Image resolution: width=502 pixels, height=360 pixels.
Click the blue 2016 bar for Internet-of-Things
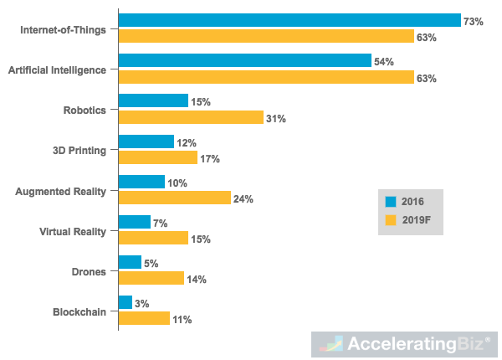(289, 20)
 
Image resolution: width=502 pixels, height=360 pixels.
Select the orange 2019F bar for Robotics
(191, 118)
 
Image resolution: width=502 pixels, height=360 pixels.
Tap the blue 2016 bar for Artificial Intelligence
(244, 60)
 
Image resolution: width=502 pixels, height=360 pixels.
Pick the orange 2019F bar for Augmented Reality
(174, 198)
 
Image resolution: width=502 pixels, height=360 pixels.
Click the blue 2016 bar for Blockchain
(125, 302)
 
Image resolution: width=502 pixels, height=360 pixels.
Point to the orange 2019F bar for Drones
(151, 279)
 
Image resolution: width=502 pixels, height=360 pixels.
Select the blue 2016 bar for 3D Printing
(146, 141)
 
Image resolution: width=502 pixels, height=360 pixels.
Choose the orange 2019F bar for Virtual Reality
(153, 239)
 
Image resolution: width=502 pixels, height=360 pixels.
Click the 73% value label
(474, 21)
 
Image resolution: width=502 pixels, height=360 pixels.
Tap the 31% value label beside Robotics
(276, 119)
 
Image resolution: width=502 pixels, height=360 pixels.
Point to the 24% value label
(243, 199)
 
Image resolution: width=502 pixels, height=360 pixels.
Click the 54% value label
(384, 61)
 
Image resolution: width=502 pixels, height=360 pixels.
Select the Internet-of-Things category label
(64, 29)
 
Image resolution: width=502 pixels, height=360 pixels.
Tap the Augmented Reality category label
(60, 191)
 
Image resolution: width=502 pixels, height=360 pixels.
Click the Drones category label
(87, 271)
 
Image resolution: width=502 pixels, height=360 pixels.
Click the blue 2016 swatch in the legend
(390, 202)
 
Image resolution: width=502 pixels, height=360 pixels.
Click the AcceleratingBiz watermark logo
(406, 344)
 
